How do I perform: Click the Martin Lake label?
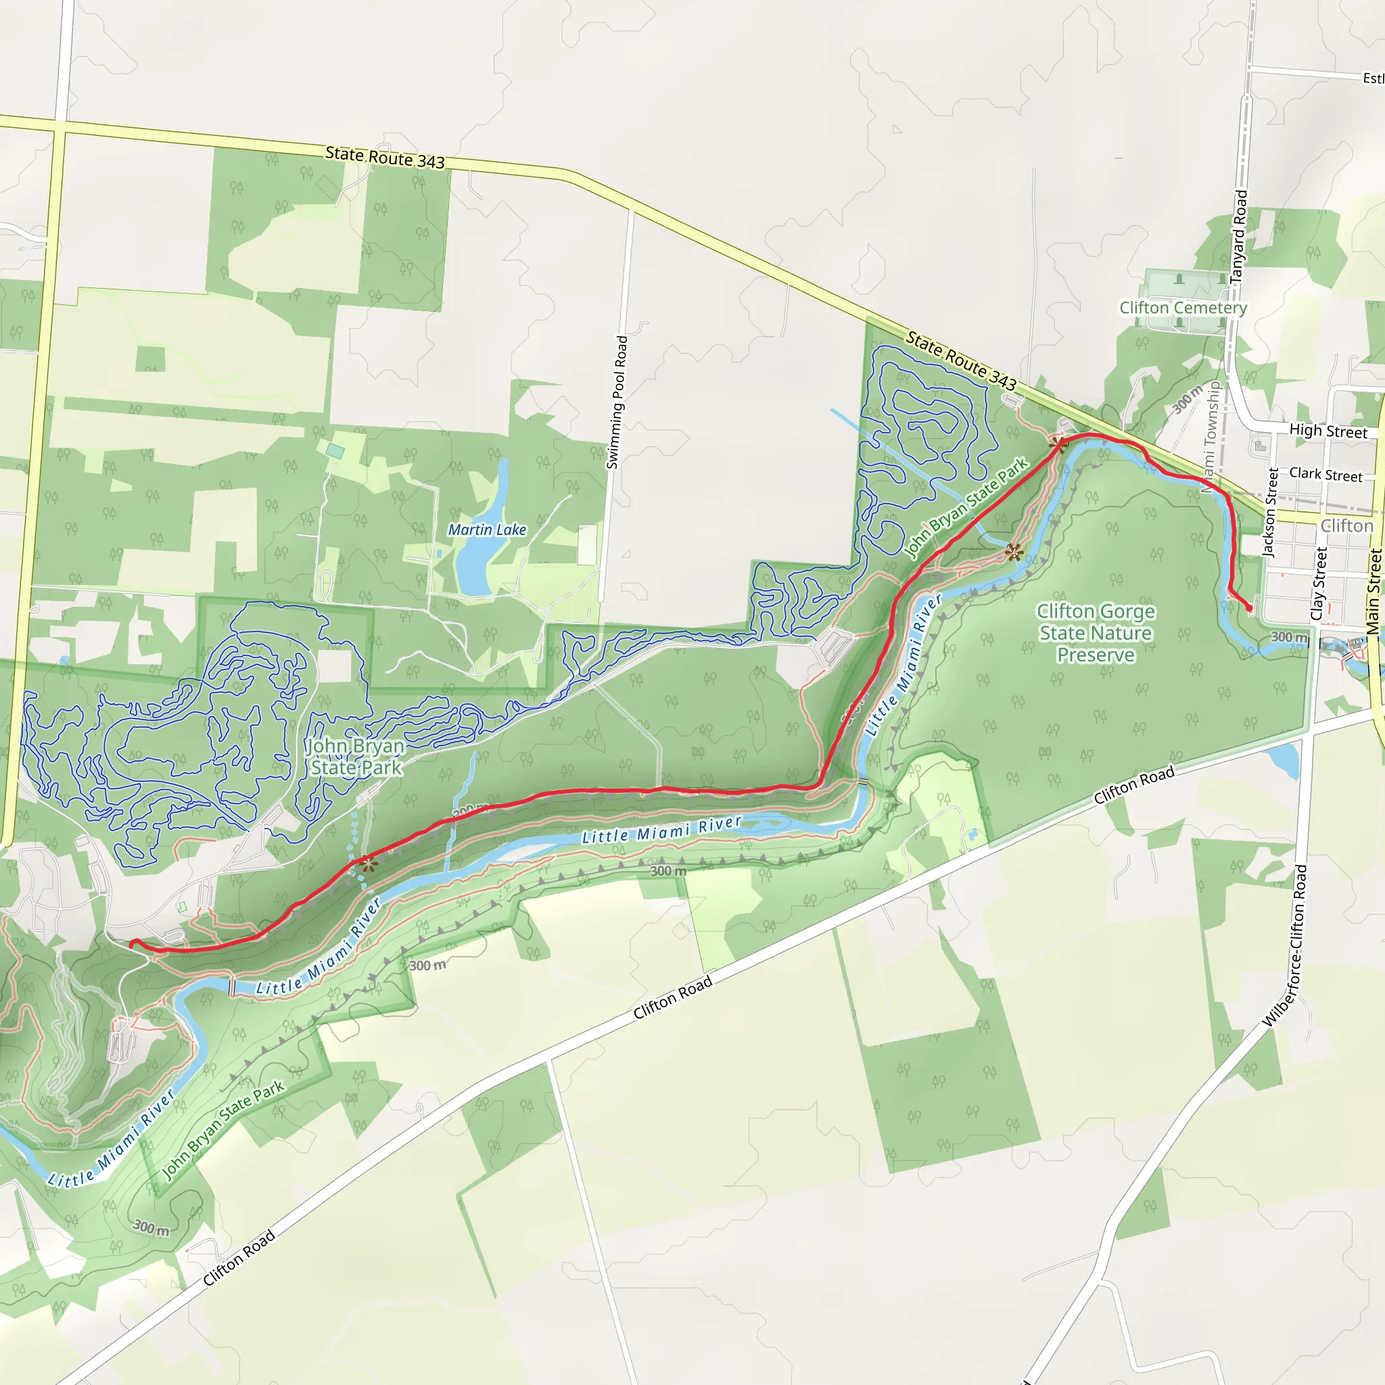pyautogui.click(x=487, y=530)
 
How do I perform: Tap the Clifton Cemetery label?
pyautogui.click(x=1183, y=308)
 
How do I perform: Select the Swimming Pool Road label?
pyautogui.click(x=617, y=403)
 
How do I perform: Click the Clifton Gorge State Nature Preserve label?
pyautogui.click(x=1096, y=633)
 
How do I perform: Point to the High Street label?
pyautogui.click(x=1328, y=431)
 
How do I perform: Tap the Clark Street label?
pyautogui.click(x=1325, y=475)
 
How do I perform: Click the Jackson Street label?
pyautogui.click(x=1269, y=513)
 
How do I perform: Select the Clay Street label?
pyautogui.click(x=1319, y=584)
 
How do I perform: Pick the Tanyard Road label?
pyautogui.click(x=1239, y=237)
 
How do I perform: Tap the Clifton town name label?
pyautogui.click(x=1346, y=525)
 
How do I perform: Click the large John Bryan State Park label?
pyautogui.click(x=356, y=756)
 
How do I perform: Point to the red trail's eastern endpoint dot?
pyautogui.click(x=1250, y=609)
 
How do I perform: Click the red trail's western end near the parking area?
pyautogui.click(x=133, y=944)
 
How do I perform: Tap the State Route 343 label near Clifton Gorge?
pyautogui.click(x=960, y=360)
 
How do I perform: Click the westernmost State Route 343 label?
pyautogui.click(x=385, y=157)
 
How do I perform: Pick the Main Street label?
pyautogui.click(x=1373, y=592)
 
